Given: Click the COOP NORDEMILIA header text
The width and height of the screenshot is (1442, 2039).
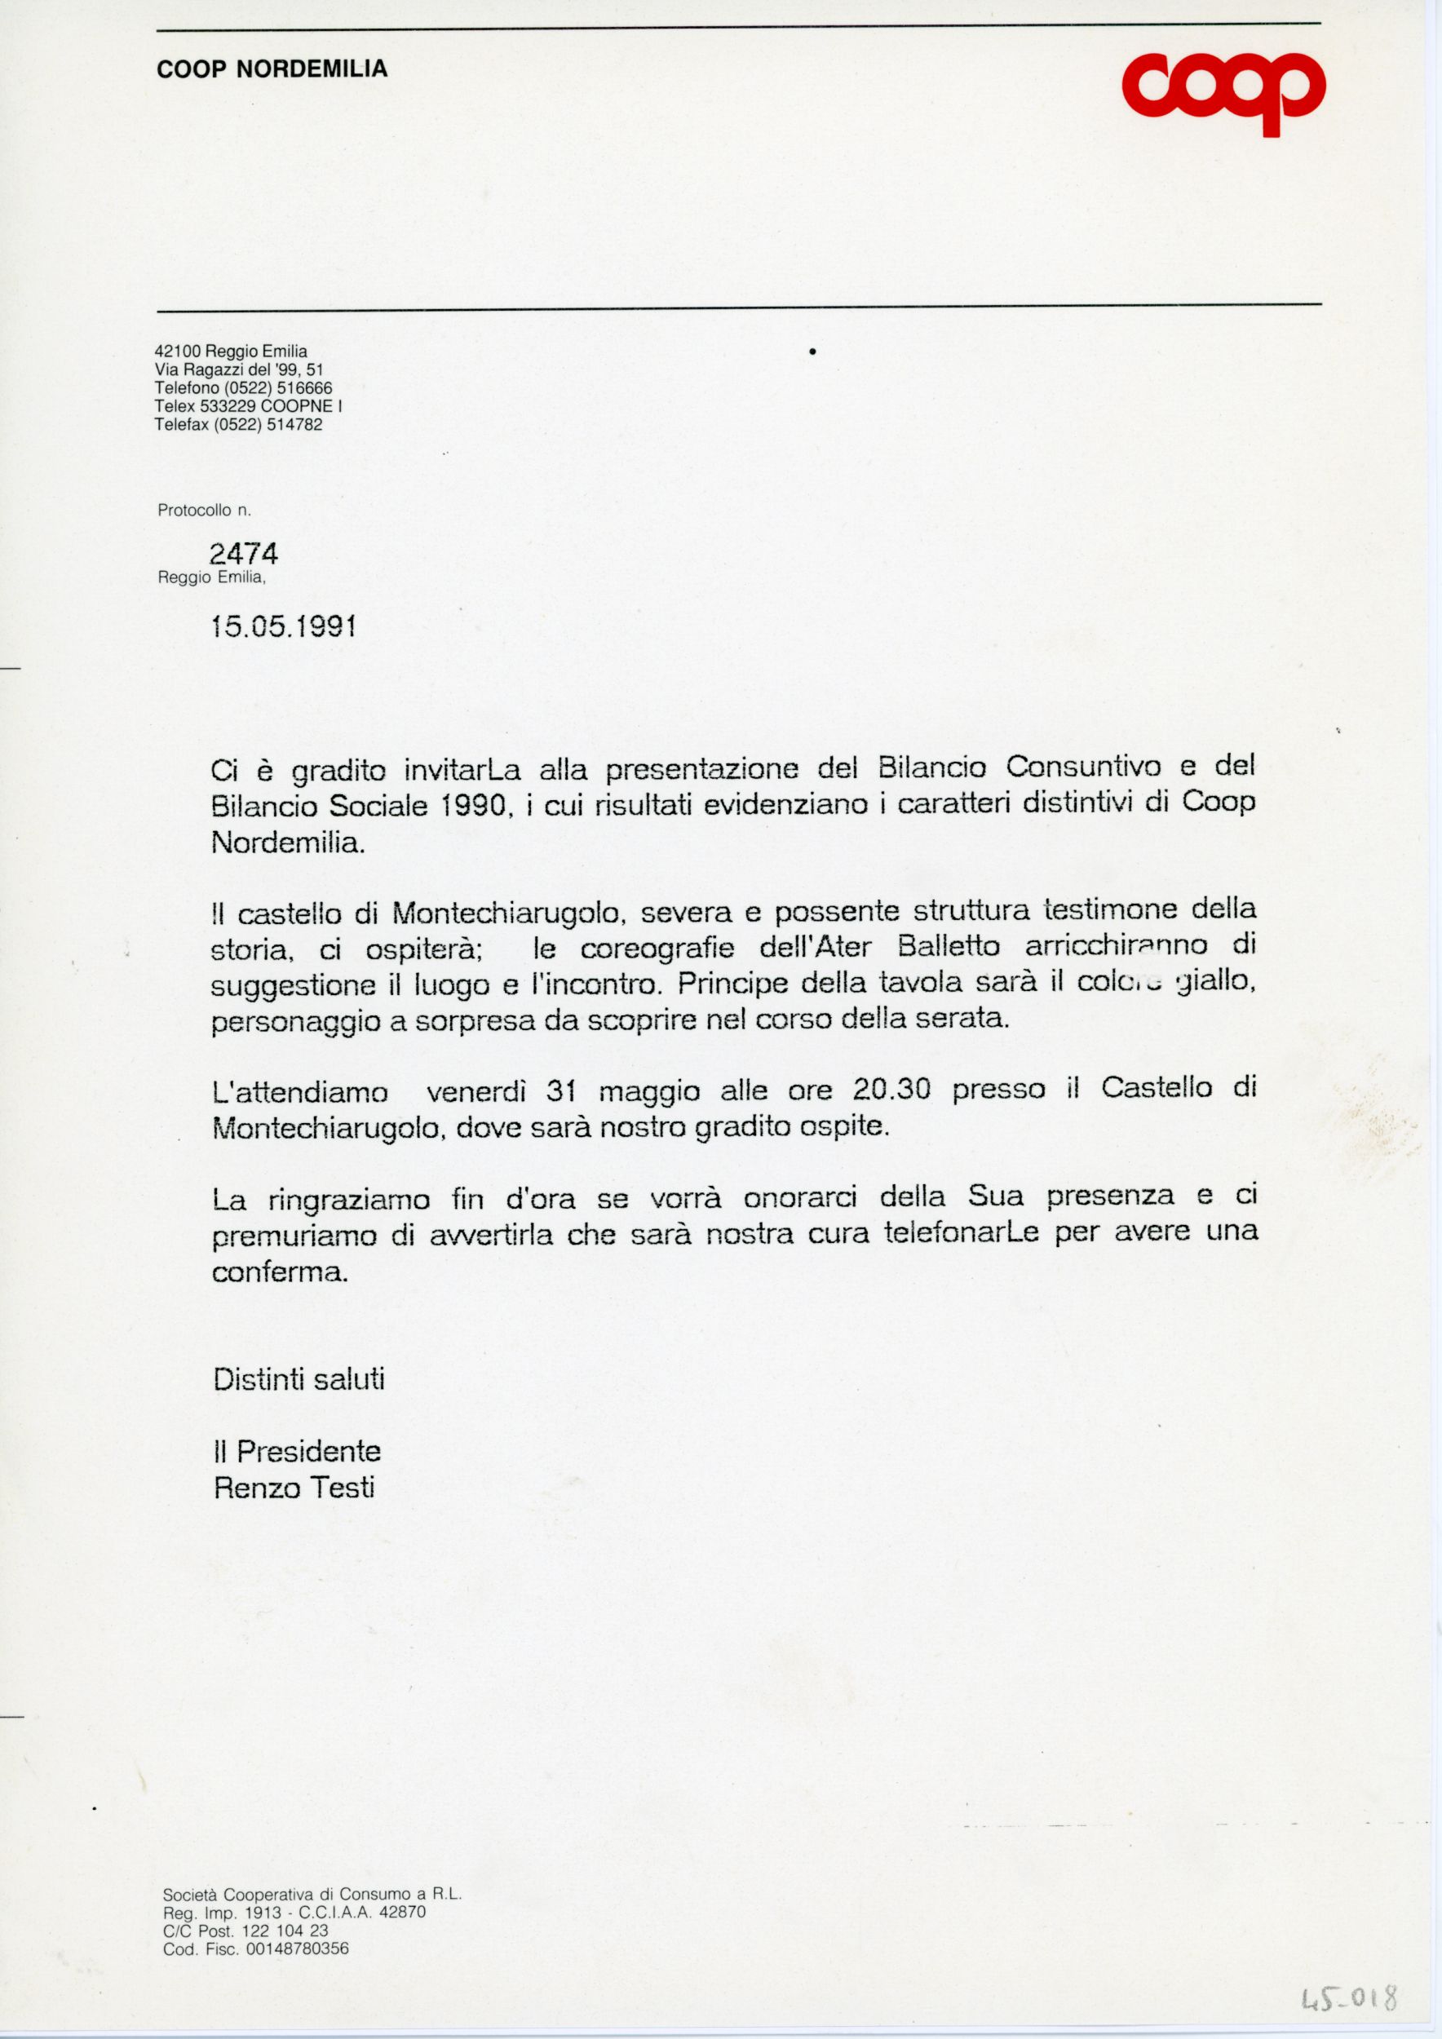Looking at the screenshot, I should pos(272,69).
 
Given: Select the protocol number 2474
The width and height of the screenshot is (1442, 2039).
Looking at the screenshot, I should pos(243,554).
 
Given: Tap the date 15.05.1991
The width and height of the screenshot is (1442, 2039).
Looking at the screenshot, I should pos(284,627).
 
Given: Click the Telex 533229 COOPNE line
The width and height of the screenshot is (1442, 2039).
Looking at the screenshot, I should pos(248,406).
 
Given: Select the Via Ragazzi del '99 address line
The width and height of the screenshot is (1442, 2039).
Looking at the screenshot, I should pos(239,369).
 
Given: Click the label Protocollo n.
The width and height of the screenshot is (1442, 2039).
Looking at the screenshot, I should pos(204,511).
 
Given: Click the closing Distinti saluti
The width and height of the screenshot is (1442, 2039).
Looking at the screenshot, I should pos(299,1379).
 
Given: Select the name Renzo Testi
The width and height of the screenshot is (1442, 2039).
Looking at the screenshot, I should pos(294,1488).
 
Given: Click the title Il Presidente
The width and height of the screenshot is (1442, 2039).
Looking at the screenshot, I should pos(297,1451).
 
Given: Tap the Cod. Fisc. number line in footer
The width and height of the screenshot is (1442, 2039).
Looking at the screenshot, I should pos(256,1949).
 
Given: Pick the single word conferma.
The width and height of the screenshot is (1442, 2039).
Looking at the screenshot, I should pos(279,1272).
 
